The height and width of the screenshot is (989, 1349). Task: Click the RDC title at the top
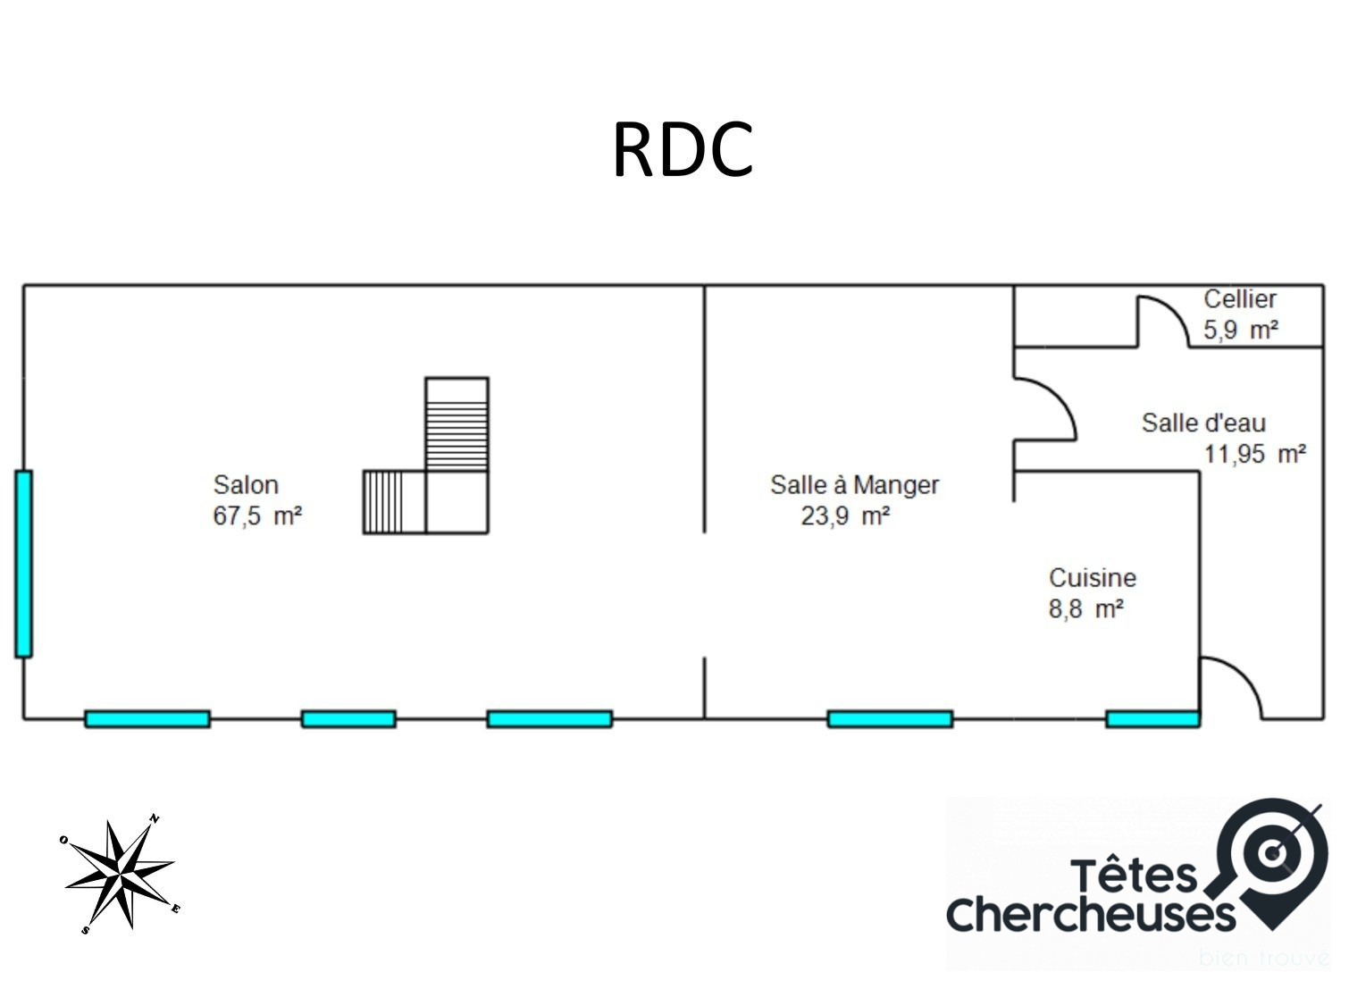click(683, 150)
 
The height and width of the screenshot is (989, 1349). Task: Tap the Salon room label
click(246, 485)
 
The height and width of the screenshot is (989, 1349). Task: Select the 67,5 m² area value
click(257, 516)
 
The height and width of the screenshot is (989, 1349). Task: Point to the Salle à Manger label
click(854, 485)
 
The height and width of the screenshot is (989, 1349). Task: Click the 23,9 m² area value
click(845, 516)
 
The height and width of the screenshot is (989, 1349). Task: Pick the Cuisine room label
click(1092, 578)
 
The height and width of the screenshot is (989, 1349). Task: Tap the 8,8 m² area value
click(1085, 609)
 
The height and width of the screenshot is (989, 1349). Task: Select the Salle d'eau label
click(1203, 423)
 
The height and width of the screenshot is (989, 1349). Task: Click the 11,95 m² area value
click(1255, 454)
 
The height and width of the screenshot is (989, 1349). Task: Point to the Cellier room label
click(1239, 299)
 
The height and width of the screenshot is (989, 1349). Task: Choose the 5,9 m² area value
click(1240, 331)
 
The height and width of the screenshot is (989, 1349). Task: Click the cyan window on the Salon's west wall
click(23, 564)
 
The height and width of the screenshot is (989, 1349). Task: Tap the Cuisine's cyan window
click(1152, 719)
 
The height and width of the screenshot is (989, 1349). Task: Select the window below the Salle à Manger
click(890, 719)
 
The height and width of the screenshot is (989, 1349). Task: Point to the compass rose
click(120, 874)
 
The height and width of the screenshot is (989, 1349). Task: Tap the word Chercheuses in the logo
click(1090, 913)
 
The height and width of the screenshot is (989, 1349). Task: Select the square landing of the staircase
click(457, 502)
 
